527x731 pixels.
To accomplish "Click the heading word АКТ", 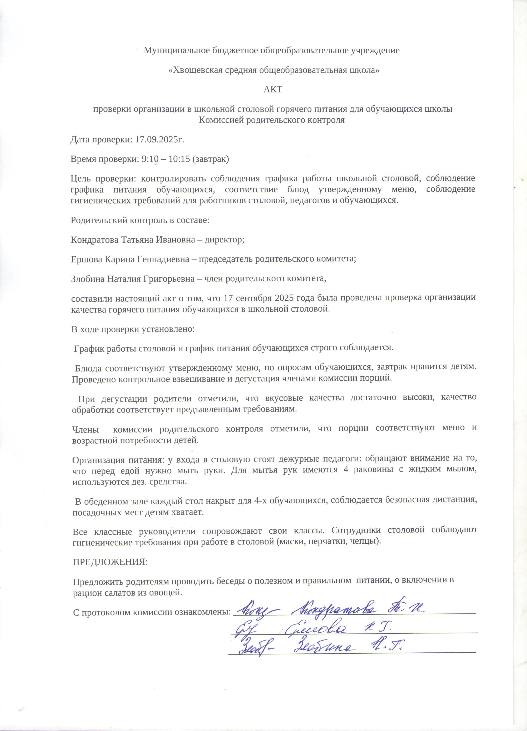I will click(x=273, y=90).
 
